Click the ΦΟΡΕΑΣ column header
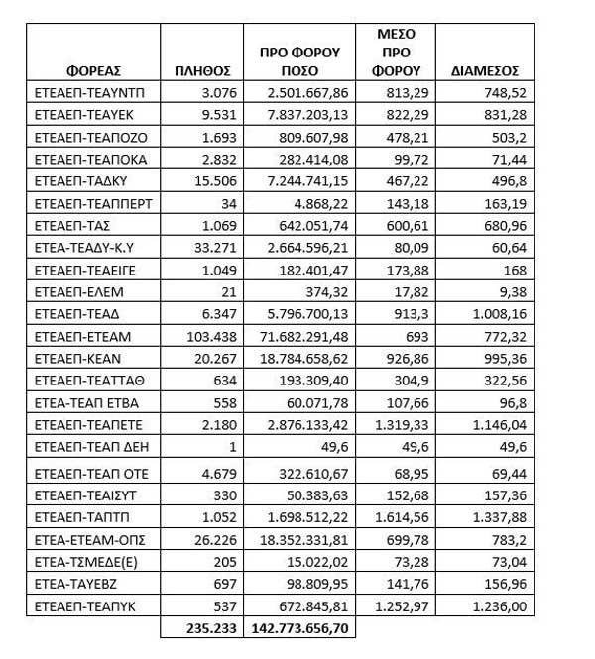coord(93,71)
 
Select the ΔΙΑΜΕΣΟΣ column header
coord(485,71)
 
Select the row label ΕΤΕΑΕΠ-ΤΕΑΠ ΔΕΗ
coord(86,448)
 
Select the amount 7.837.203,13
coord(308,116)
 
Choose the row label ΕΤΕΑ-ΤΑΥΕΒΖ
coord(72,583)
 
